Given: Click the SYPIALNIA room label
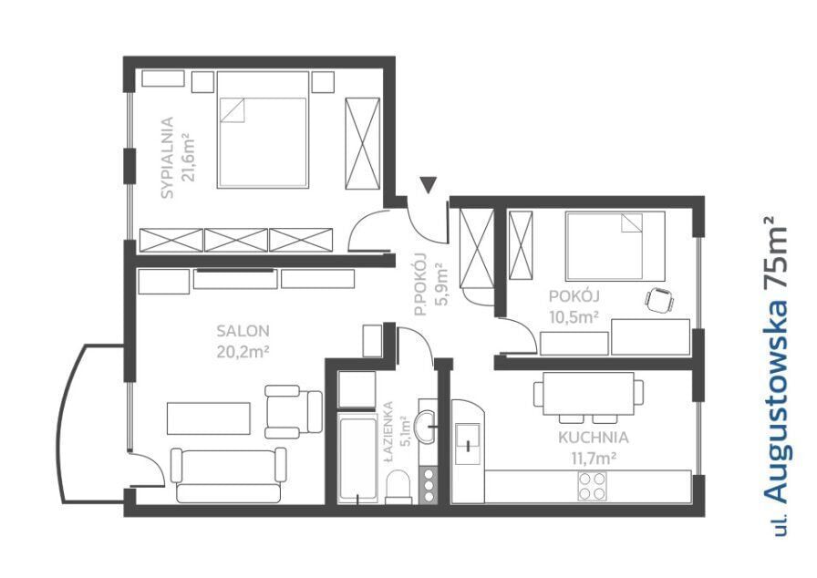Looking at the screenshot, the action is click(x=167, y=158).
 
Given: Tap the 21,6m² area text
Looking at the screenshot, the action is click(x=188, y=157).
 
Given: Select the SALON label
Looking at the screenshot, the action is click(x=243, y=331).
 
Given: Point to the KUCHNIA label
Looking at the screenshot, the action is click(x=593, y=438).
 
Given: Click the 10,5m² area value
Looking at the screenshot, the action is click(x=574, y=316).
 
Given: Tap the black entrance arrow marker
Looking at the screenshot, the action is click(x=428, y=185).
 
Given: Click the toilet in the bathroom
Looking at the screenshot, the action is click(x=399, y=487).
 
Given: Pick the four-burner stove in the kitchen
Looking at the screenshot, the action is click(x=592, y=486).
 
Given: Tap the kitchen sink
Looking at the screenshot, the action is click(x=468, y=444).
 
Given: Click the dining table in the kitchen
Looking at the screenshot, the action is click(x=588, y=394).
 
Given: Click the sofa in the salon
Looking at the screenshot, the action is click(x=228, y=475).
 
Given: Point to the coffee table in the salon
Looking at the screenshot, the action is click(x=209, y=418).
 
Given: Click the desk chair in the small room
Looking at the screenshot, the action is click(x=659, y=301).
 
